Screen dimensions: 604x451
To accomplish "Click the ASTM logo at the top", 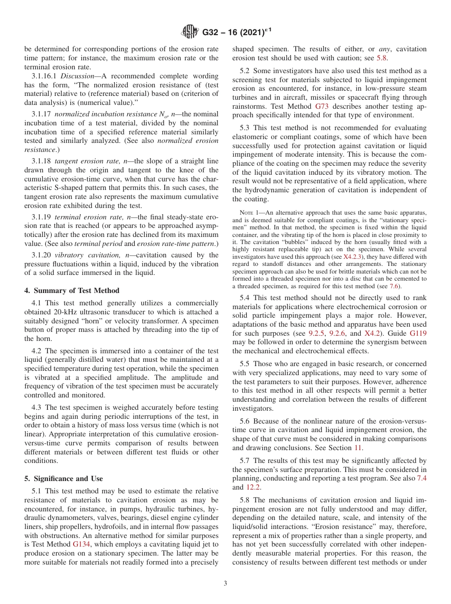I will pos(190,32).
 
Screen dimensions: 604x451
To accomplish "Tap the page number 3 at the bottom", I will pos(225,583).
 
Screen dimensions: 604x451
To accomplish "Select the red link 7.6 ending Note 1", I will pos(394,286).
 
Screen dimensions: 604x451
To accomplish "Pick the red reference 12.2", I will pos(252,487).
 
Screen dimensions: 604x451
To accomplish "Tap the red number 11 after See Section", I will pos(359,447).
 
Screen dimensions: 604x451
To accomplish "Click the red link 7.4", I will pos(422,478).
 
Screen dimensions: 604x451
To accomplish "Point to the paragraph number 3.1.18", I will pos(41,161).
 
